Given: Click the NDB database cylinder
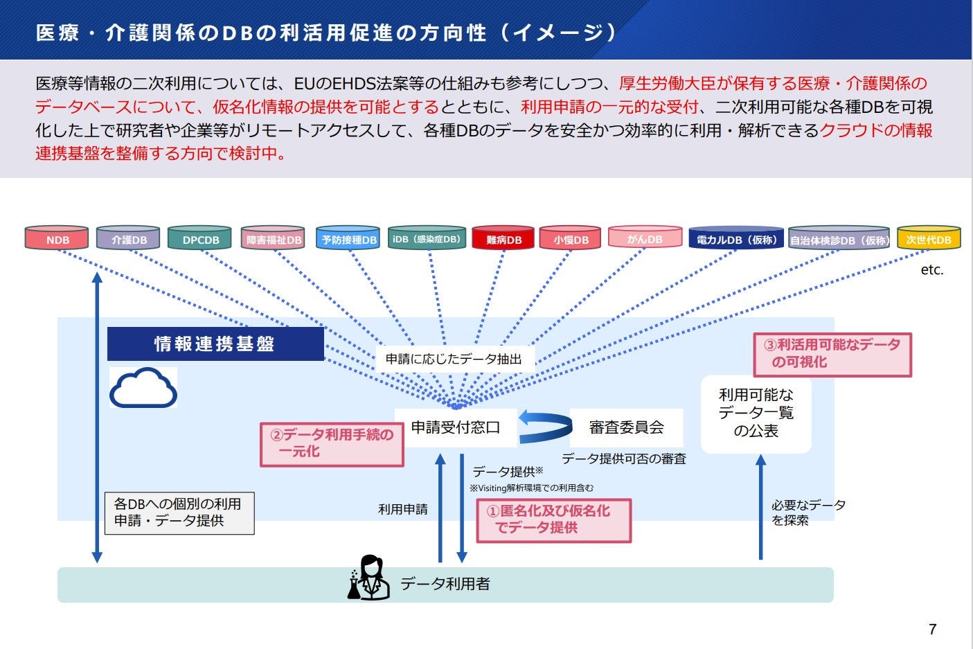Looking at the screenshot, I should (x=57, y=238).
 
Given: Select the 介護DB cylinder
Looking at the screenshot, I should (x=128, y=238).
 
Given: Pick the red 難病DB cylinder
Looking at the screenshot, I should (x=503, y=238).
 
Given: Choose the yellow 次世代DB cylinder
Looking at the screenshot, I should (x=928, y=238).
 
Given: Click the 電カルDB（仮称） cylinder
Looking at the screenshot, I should (x=735, y=238).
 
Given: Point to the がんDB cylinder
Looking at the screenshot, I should (x=645, y=238).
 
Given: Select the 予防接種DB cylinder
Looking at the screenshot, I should (x=348, y=238).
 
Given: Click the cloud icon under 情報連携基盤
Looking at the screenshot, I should (x=143, y=388).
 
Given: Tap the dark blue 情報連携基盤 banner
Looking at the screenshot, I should (x=215, y=344).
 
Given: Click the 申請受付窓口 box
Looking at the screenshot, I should (x=456, y=427).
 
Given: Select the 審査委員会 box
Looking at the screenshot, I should (x=626, y=427).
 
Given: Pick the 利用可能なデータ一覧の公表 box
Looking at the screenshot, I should (x=756, y=414).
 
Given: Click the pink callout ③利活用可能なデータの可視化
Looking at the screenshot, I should (x=832, y=354).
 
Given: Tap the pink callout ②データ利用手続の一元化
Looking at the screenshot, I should (x=332, y=443).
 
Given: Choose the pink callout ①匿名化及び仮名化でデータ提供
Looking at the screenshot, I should (x=553, y=519).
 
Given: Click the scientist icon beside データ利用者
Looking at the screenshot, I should (x=368, y=578).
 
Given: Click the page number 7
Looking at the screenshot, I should (x=932, y=629).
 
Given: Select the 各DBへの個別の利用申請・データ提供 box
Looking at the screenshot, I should (x=179, y=513).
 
